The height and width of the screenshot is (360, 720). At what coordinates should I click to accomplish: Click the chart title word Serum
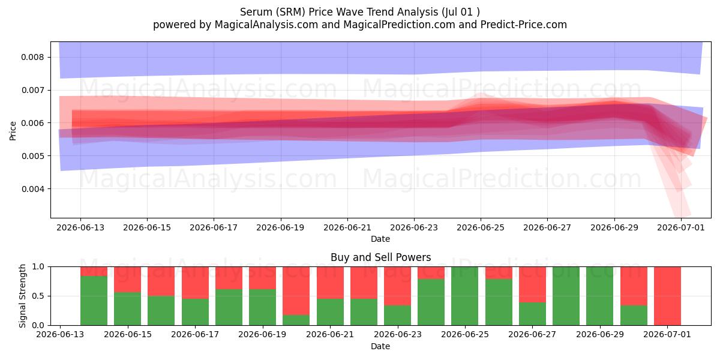256,12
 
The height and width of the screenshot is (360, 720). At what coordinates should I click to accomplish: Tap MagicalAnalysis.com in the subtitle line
266,25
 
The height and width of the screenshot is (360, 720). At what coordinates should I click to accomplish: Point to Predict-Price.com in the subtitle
524,25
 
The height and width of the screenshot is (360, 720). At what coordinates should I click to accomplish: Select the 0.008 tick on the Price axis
32,57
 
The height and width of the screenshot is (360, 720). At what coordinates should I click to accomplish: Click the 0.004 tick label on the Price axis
32,189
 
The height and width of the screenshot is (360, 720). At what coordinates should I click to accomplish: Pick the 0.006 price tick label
32,123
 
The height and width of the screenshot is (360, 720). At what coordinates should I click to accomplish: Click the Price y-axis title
13,131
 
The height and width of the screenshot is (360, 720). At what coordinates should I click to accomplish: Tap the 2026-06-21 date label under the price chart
347,227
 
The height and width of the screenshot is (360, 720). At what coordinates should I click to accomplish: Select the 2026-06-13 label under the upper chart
80,227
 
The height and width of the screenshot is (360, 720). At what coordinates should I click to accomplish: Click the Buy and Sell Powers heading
380,257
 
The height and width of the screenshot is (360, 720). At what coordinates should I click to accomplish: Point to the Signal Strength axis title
22,296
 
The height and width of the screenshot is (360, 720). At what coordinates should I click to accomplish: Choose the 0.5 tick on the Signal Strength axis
38,296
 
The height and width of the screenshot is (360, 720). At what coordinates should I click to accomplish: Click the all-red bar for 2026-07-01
667,296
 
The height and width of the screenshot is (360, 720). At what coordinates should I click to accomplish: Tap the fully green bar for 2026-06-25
464,296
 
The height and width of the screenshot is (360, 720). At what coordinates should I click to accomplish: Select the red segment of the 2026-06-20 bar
296,290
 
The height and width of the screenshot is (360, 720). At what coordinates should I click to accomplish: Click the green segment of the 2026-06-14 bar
94,301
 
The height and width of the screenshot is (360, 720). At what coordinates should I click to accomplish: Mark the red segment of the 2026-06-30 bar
634,286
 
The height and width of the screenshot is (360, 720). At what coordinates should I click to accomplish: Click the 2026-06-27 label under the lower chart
532,335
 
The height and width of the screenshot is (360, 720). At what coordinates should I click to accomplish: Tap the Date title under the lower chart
380,347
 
